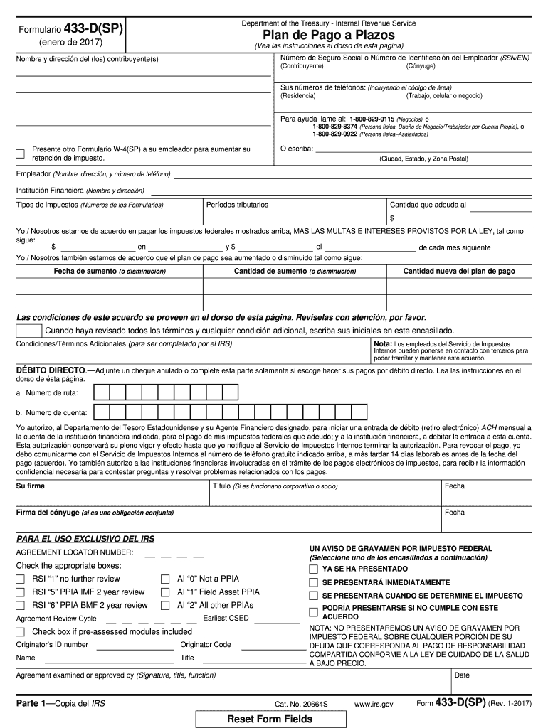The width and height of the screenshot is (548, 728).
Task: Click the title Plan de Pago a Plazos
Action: coord(328,35)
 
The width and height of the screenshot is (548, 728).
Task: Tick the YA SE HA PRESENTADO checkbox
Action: coord(313,569)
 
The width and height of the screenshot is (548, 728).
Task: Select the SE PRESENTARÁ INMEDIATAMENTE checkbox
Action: coord(313,582)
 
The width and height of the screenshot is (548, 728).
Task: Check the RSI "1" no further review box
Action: coord(21,579)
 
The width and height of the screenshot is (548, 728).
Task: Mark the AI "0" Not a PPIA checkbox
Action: coord(165,579)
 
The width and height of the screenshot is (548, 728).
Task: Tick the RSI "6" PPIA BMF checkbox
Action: coord(21,605)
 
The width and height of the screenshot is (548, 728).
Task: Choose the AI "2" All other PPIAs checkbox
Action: coord(165,605)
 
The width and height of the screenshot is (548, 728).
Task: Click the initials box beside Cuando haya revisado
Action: coord(28,331)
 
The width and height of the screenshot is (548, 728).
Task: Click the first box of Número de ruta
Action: coord(102,392)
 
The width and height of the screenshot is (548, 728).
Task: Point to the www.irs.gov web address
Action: coord(373,704)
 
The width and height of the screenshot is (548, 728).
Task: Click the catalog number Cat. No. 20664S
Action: coord(301,704)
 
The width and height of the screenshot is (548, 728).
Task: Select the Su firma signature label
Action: coord(31,486)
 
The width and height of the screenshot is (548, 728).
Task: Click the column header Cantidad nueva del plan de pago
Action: coord(459,272)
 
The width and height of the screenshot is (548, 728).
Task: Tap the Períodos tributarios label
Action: coord(237,205)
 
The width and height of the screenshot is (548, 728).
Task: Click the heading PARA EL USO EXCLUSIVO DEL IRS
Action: coord(85,539)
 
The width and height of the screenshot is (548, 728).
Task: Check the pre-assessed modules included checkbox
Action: coord(21,631)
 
